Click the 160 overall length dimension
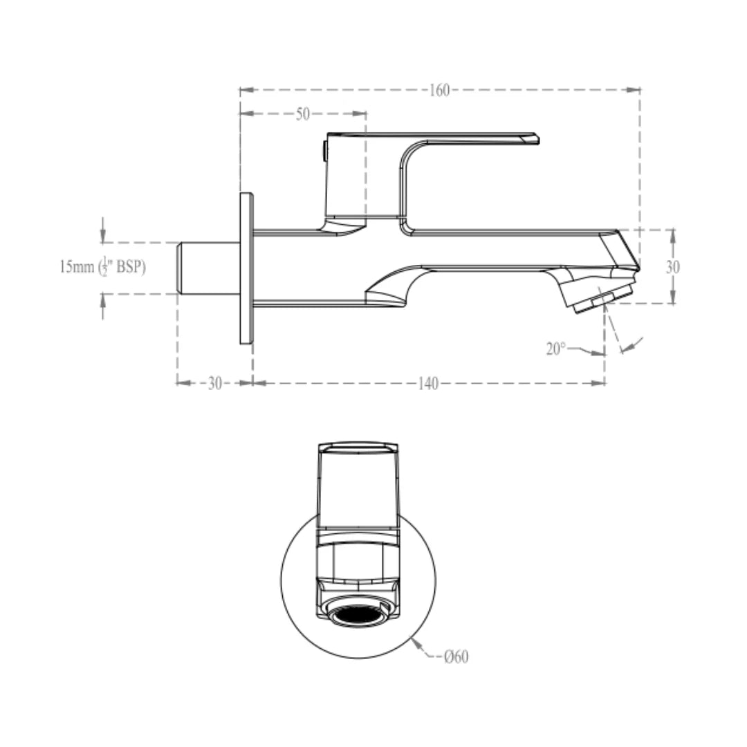point(439,91)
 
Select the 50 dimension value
point(303,115)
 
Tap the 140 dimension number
point(428,384)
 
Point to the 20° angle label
point(556,349)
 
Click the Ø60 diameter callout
point(456,656)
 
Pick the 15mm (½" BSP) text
point(102,268)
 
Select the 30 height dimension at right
point(672,267)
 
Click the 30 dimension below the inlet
point(215,384)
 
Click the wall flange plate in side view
point(246,268)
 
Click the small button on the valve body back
point(324,150)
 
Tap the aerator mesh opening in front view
point(358,612)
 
